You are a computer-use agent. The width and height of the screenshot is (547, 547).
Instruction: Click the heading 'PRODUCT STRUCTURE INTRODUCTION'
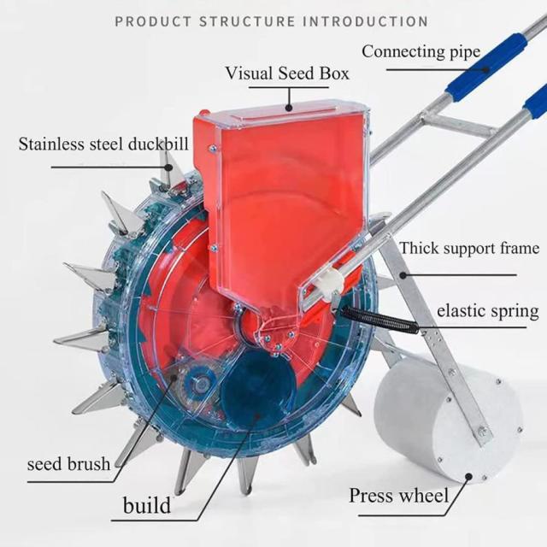click(x=272, y=21)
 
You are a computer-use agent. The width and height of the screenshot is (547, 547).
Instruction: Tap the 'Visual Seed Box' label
click(x=287, y=73)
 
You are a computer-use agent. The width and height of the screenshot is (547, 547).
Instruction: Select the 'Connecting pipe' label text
click(x=421, y=51)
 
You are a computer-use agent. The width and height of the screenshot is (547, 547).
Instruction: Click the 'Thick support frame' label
click(x=469, y=250)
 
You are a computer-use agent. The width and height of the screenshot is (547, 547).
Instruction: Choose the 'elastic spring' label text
click(x=487, y=309)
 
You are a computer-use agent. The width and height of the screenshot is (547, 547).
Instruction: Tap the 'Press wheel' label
click(x=398, y=496)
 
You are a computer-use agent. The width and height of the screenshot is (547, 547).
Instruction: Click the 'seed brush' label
click(x=68, y=465)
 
